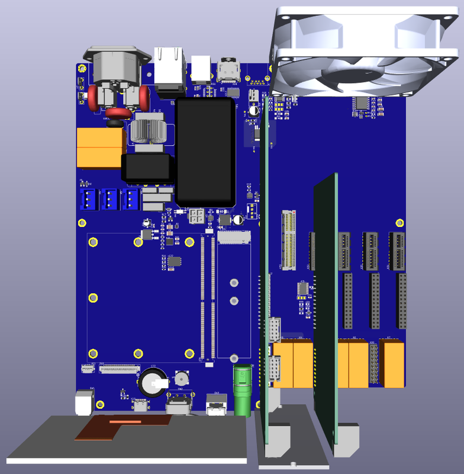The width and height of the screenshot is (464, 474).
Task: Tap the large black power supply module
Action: click(x=205, y=152)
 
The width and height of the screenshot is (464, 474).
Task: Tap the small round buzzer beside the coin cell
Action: click(x=181, y=379)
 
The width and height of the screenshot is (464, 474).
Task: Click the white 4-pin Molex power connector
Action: click(x=196, y=217)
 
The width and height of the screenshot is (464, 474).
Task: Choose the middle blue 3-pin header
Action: click(x=110, y=200)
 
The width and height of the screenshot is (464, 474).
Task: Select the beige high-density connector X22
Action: click(x=288, y=239)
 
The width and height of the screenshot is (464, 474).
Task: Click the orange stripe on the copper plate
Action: click(x=125, y=421)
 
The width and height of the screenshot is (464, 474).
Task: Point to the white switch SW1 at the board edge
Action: click(x=84, y=401)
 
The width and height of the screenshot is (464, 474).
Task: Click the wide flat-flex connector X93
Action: click(x=117, y=369)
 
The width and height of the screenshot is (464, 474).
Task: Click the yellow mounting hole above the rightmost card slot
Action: click(x=399, y=222)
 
